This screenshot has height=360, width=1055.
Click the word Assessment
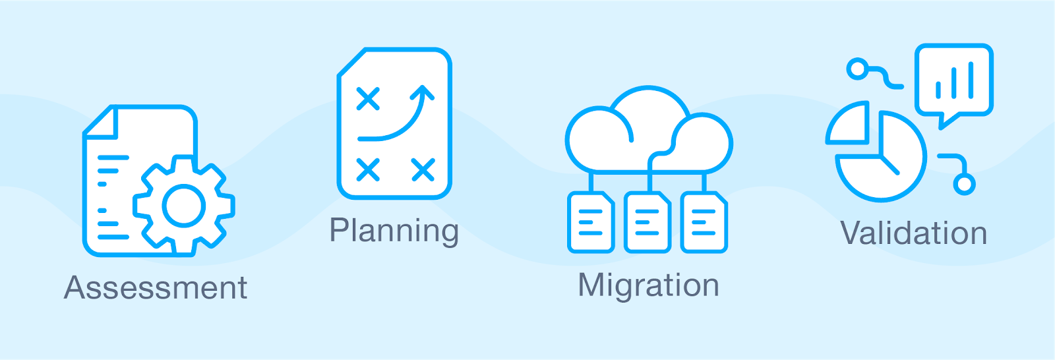click(156, 288)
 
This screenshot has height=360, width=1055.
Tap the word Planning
click(394, 231)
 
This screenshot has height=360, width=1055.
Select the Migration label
click(648, 285)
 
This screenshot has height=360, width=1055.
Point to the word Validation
click(914, 233)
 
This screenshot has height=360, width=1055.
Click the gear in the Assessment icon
click(184, 205)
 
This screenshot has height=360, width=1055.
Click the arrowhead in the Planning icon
click(423, 92)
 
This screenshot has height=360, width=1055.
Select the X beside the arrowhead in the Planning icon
click(368, 99)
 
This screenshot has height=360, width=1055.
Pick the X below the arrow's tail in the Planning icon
click(368, 169)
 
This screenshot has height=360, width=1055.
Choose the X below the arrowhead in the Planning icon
click(423, 169)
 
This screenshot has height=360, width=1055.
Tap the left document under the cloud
click(591, 222)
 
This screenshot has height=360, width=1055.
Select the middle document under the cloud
click(648, 222)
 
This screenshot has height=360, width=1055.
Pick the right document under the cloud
click(704, 222)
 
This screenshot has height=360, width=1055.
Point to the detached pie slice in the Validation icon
click(848, 123)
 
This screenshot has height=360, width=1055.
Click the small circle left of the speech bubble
click(857, 69)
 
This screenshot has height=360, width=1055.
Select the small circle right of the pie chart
click(964, 183)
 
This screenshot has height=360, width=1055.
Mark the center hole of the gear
click(184, 205)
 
